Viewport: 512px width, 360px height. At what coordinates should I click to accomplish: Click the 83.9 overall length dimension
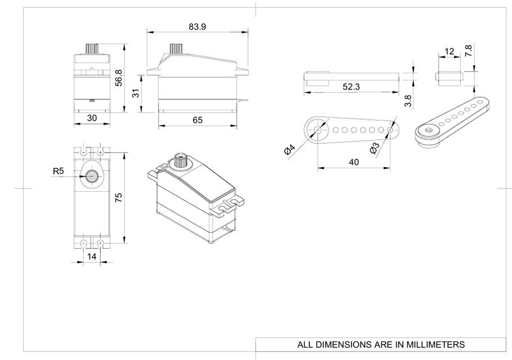[197, 26]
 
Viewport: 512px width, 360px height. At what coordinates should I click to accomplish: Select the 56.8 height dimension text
[118, 78]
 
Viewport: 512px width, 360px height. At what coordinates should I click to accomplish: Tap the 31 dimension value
[136, 94]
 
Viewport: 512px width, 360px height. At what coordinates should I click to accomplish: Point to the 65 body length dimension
[197, 120]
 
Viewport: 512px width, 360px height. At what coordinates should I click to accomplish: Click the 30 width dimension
[92, 118]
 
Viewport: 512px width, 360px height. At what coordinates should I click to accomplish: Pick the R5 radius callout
[57, 170]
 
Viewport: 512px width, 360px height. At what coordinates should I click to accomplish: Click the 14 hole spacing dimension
[92, 256]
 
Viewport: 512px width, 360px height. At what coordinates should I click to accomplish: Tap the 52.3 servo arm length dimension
[352, 87]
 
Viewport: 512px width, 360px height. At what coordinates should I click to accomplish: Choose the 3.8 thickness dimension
[408, 101]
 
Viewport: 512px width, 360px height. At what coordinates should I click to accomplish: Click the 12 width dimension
[449, 52]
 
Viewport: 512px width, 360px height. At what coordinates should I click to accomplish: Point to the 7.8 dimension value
[468, 51]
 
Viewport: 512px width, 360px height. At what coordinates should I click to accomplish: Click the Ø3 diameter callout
[374, 148]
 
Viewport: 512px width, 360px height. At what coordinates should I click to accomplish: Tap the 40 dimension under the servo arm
[354, 161]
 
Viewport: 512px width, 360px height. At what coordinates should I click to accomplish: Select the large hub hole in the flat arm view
[317, 130]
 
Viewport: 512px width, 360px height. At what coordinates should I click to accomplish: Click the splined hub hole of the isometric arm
[429, 131]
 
